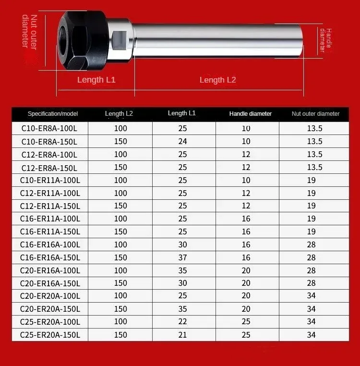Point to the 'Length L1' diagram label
tap(96, 80)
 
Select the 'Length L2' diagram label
tap(217, 80)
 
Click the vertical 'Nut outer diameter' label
tap(30, 32)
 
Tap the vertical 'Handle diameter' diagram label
tap(325, 40)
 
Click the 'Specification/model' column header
tap(53, 114)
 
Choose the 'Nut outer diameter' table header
tap(315, 114)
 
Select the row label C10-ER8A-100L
tap(49, 128)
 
